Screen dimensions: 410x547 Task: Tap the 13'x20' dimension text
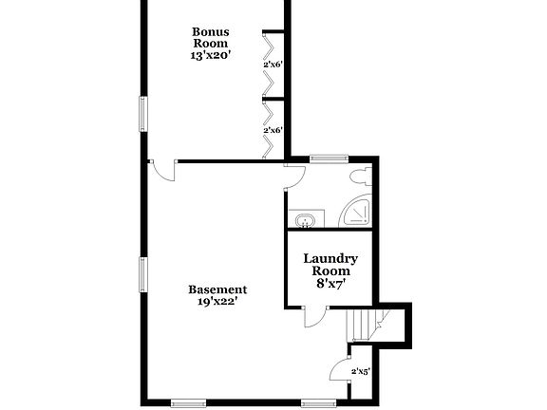click(x=209, y=55)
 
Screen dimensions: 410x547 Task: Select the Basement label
click(x=217, y=289)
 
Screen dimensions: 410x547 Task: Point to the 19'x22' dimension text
click(x=217, y=302)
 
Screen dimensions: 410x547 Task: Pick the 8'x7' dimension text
click(x=330, y=283)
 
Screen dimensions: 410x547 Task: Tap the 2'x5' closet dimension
click(x=360, y=371)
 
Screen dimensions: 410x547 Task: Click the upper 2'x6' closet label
click(x=273, y=64)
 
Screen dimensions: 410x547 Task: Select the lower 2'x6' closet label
click(x=273, y=129)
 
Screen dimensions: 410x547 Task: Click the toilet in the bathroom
click(x=358, y=177)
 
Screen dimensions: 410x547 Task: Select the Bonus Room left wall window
click(x=144, y=114)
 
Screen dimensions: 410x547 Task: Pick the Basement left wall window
click(x=144, y=275)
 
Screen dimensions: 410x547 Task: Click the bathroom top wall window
click(x=327, y=158)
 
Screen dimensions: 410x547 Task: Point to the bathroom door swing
click(x=294, y=176)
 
